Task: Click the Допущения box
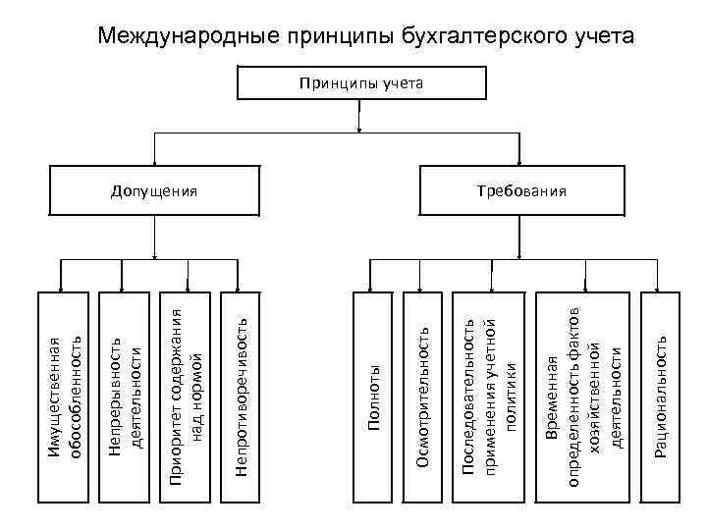154,189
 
